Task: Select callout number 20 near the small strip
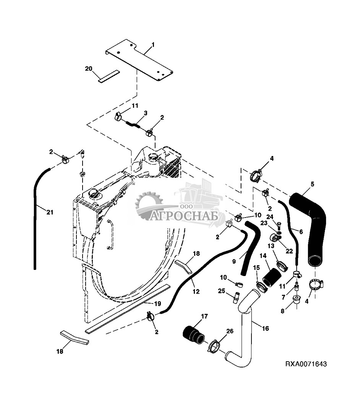point(89,69)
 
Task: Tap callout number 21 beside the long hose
point(50,212)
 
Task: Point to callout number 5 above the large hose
point(312,184)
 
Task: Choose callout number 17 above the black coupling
point(204,316)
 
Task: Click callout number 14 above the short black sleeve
point(263,256)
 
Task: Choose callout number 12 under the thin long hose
point(196,291)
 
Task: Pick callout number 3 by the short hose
point(146,113)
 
